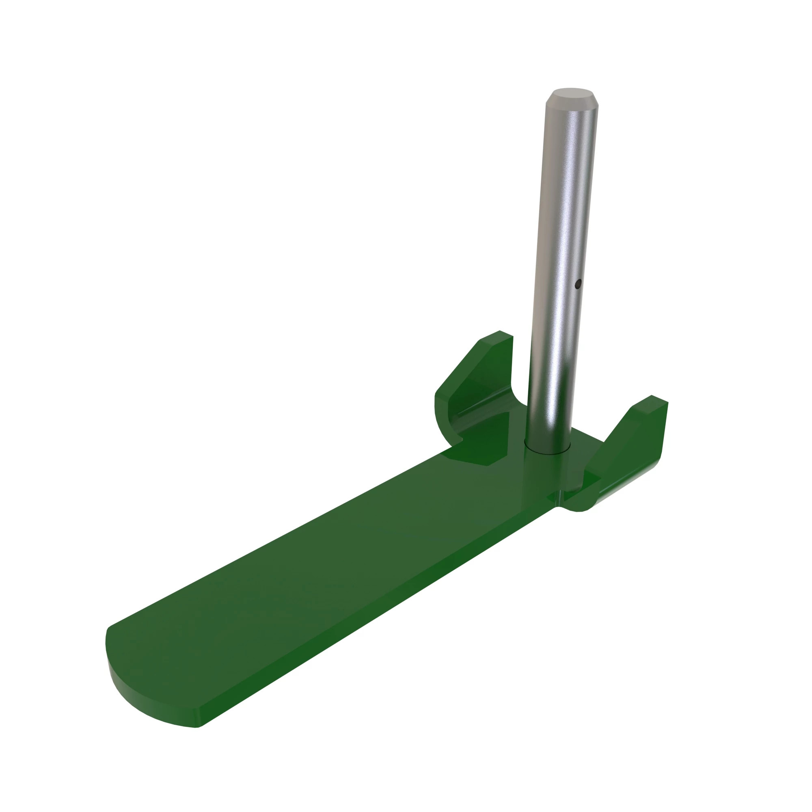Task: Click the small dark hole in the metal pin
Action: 578,285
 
